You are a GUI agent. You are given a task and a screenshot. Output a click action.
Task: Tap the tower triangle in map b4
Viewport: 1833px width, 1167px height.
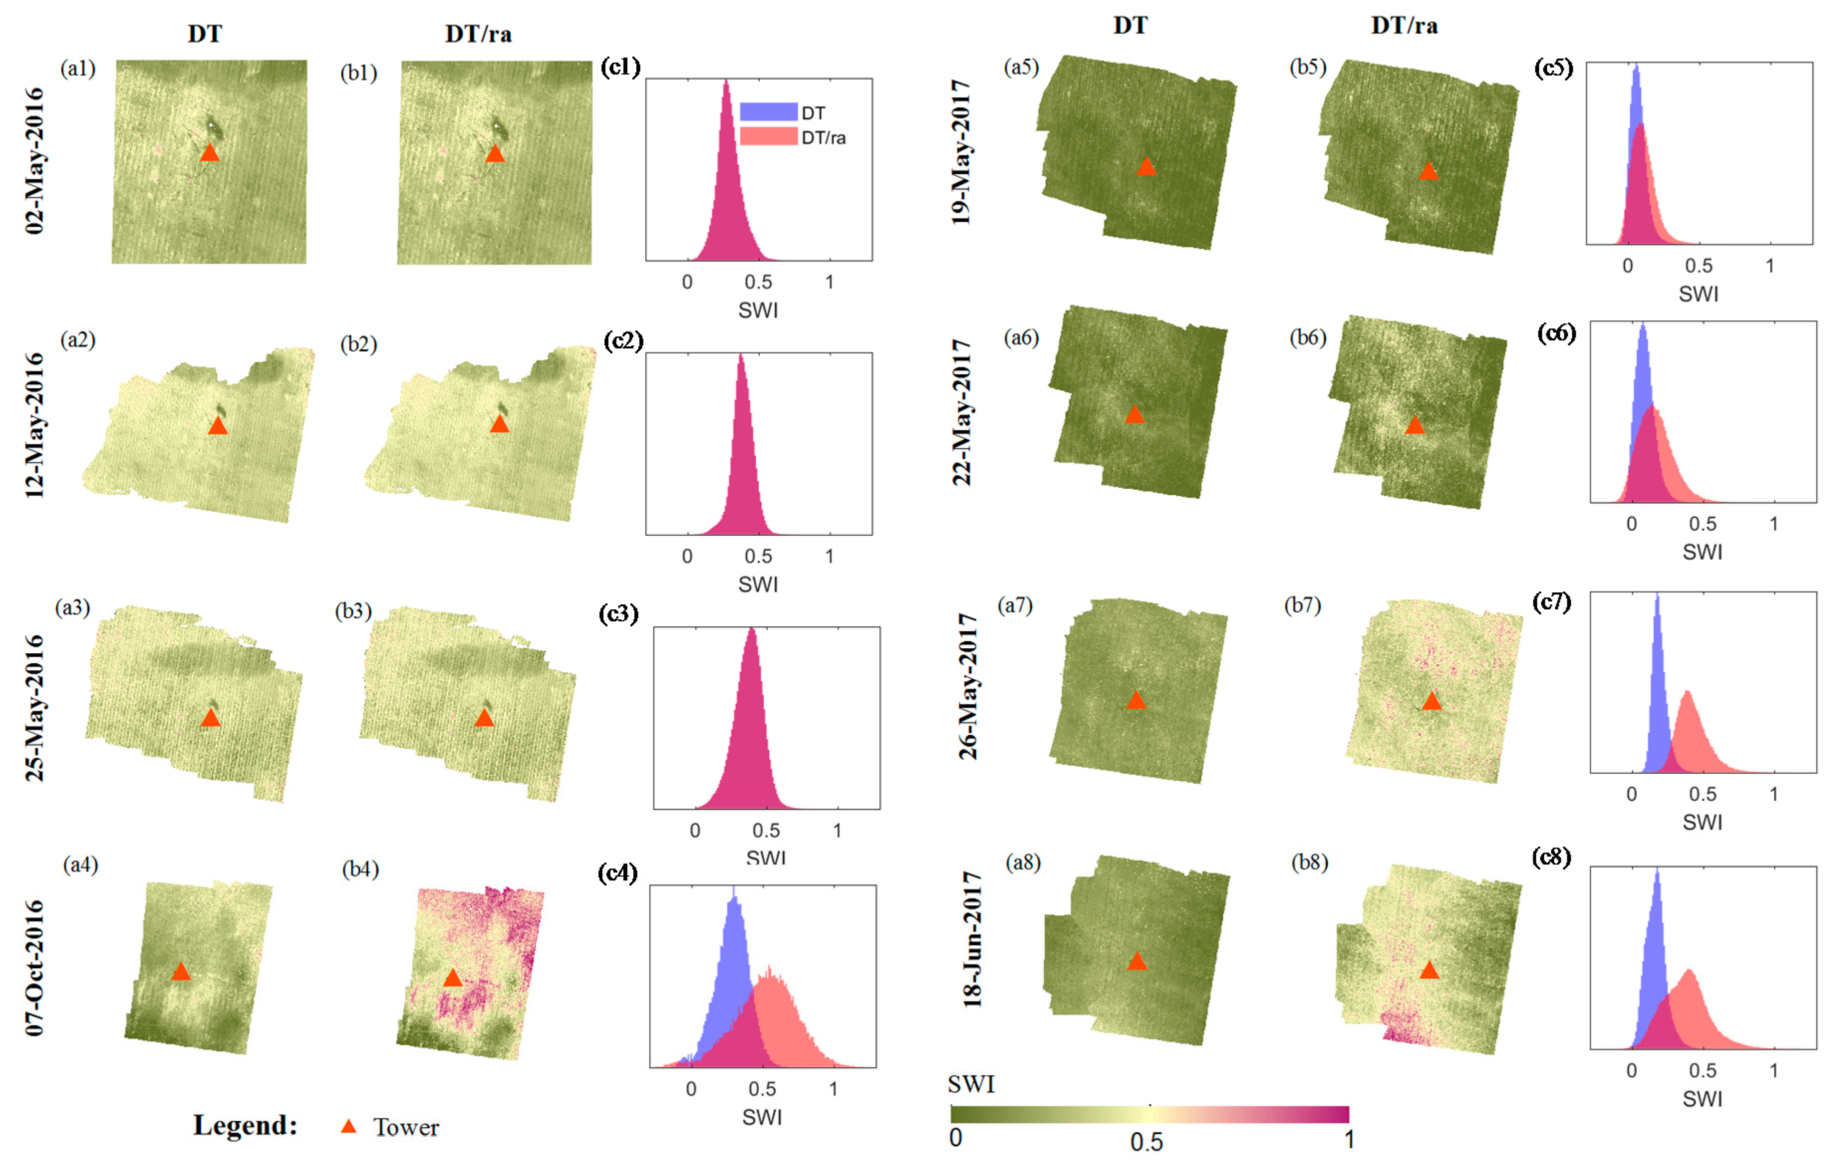(x=452, y=978)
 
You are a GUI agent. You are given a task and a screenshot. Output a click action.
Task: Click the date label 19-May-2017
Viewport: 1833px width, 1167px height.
(x=962, y=152)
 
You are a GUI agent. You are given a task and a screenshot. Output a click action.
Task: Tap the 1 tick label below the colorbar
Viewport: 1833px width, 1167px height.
(x=1349, y=1140)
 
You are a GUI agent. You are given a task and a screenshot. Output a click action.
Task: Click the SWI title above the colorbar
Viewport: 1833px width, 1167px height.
(x=972, y=1084)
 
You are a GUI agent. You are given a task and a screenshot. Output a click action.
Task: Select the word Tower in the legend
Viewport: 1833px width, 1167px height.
(x=406, y=1128)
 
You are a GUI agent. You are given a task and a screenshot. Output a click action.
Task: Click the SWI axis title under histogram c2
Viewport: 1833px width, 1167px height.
(x=758, y=584)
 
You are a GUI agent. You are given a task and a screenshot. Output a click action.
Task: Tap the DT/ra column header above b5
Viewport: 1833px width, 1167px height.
(x=1405, y=26)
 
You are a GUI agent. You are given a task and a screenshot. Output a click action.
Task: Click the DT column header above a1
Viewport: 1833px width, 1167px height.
(x=205, y=34)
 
